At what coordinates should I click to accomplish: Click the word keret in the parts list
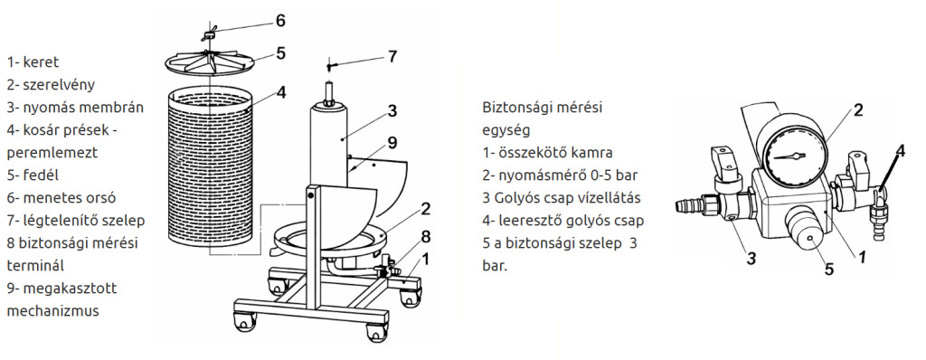41,62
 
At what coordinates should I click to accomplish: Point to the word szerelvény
59,84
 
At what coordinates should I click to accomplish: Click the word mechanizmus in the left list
52,311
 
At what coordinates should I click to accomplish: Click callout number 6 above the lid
280,21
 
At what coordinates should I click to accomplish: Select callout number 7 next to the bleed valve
392,57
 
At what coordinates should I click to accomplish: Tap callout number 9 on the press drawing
392,143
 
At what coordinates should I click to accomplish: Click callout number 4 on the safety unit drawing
900,151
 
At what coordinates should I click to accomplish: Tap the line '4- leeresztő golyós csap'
562,221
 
